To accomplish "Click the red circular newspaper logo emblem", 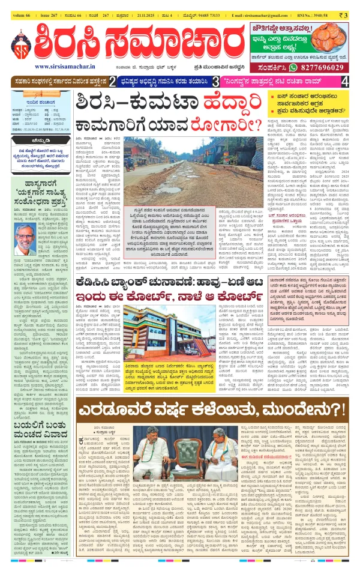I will click(x=22, y=41).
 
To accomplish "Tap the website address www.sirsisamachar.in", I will click(x=65, y=67).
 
